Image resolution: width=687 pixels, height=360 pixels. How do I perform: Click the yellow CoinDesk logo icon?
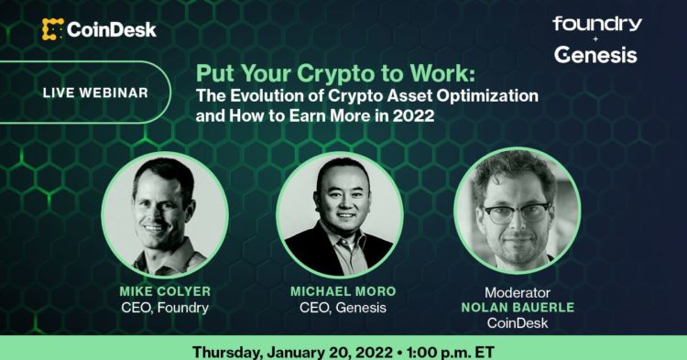click(x=52, y=29)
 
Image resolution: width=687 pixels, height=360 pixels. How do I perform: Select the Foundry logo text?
click(x=596, y=24)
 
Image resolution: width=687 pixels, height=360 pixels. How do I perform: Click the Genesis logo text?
click(x=595, y=56)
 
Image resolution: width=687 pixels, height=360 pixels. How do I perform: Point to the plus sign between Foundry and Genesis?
click(x=596, y=39)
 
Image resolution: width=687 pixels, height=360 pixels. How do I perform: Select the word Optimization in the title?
click(x=485, y=95)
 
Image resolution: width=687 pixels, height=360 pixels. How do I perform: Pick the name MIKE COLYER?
click(x=164, y=291)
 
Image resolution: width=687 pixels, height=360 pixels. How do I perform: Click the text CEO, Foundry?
click(x=164, y=308)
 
